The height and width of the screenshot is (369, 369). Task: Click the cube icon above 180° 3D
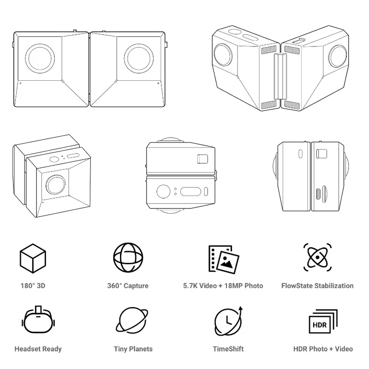click(33, 258)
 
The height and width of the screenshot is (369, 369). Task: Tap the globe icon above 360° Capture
click(128, 258)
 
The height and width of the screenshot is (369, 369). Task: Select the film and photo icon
click(224, 259)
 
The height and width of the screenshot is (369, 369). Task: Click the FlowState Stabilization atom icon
click(317, 257)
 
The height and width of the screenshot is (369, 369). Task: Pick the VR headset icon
click(38, 320)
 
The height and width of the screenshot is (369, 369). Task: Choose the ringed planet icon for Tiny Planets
click(132, 320)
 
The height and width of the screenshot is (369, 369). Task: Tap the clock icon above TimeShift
click(228, 321)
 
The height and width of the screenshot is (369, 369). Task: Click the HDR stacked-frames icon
click(323, 321)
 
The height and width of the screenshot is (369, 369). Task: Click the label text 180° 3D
click(33, 286)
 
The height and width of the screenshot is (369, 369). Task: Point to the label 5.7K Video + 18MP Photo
click(223, 286)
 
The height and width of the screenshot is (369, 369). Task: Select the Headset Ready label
click(38, 349)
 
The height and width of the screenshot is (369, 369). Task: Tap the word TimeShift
click(228, 349)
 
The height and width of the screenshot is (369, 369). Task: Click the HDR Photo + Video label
click(323, 349)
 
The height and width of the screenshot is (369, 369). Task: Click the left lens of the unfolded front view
click(40, 59)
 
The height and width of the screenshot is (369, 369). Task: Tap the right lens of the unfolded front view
click(139, 59)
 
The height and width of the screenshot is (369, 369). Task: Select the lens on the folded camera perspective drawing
click(56, 185)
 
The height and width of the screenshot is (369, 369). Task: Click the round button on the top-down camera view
click(164, 191)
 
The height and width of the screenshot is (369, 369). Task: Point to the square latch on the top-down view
click(202, 159)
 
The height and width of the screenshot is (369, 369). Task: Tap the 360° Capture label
click(128, 286)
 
